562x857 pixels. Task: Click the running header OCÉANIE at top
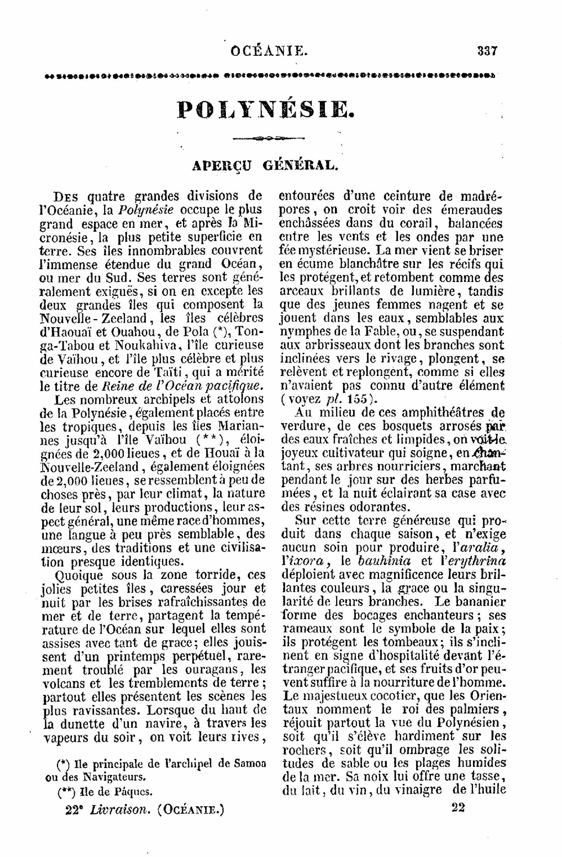269,51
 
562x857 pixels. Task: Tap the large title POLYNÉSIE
266,109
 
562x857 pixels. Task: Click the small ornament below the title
268,137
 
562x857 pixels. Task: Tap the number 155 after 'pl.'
355,399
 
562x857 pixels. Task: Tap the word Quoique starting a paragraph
78,575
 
